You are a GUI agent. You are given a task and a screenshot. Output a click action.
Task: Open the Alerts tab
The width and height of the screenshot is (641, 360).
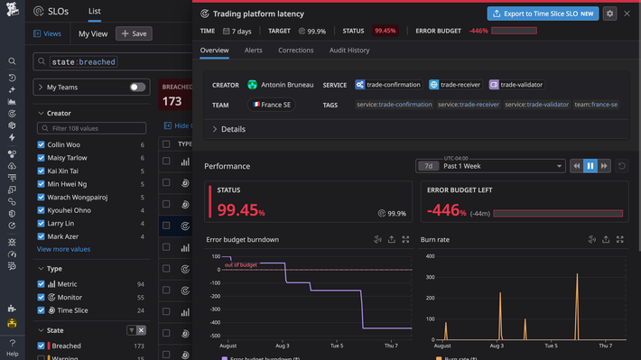tap(253, 51)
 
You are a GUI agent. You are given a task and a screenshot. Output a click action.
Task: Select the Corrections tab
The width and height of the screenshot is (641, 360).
tap(295, 51)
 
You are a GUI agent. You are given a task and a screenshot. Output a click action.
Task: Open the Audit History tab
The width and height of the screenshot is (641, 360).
tap(349, 51)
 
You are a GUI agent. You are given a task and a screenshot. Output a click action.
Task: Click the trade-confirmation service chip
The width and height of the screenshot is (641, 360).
tap(386, 85)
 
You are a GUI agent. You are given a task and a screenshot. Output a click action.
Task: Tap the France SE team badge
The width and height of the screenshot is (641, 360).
tap(271, 105)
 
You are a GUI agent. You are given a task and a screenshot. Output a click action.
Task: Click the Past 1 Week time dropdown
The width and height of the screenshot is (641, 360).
tap(503, 166)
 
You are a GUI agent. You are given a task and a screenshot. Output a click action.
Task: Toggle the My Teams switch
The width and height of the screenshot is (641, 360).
tap(137, 88)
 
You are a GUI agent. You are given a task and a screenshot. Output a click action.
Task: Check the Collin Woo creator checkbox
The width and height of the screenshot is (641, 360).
tap(42, 145)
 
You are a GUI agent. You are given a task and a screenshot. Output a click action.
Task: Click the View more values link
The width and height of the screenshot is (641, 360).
tap(63, 249)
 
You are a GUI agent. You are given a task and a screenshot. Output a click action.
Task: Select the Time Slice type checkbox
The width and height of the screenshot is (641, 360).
tap(42, 309)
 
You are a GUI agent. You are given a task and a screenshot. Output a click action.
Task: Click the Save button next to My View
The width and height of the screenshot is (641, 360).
tap(134, 33)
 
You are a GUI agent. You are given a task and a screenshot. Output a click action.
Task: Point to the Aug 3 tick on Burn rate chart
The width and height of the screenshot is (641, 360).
tap(499, 346)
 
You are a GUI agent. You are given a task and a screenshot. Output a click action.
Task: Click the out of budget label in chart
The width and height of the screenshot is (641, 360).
tap(240, 264)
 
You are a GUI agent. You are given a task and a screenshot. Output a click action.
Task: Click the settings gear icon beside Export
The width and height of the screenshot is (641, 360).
tap(610, 14)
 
